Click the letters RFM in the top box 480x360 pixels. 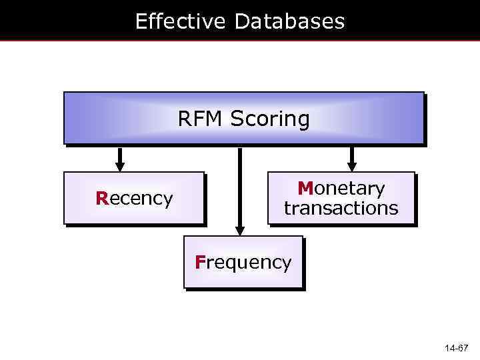[x=201, y=119]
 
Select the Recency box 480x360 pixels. [x=133, y=197]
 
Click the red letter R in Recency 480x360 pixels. [x=101, y=199]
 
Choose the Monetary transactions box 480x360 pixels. [x=341, y=197]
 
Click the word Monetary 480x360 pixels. [x=341, y=189]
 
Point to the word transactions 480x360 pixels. [x=341, y=208]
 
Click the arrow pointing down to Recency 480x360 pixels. [x=120, y=159]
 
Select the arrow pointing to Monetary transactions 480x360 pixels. [x=352, y=159]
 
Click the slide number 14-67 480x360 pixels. [x=457, y=349]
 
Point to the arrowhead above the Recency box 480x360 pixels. [x=120, y=167]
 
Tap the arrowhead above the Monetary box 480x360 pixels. [x=352, y=167]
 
